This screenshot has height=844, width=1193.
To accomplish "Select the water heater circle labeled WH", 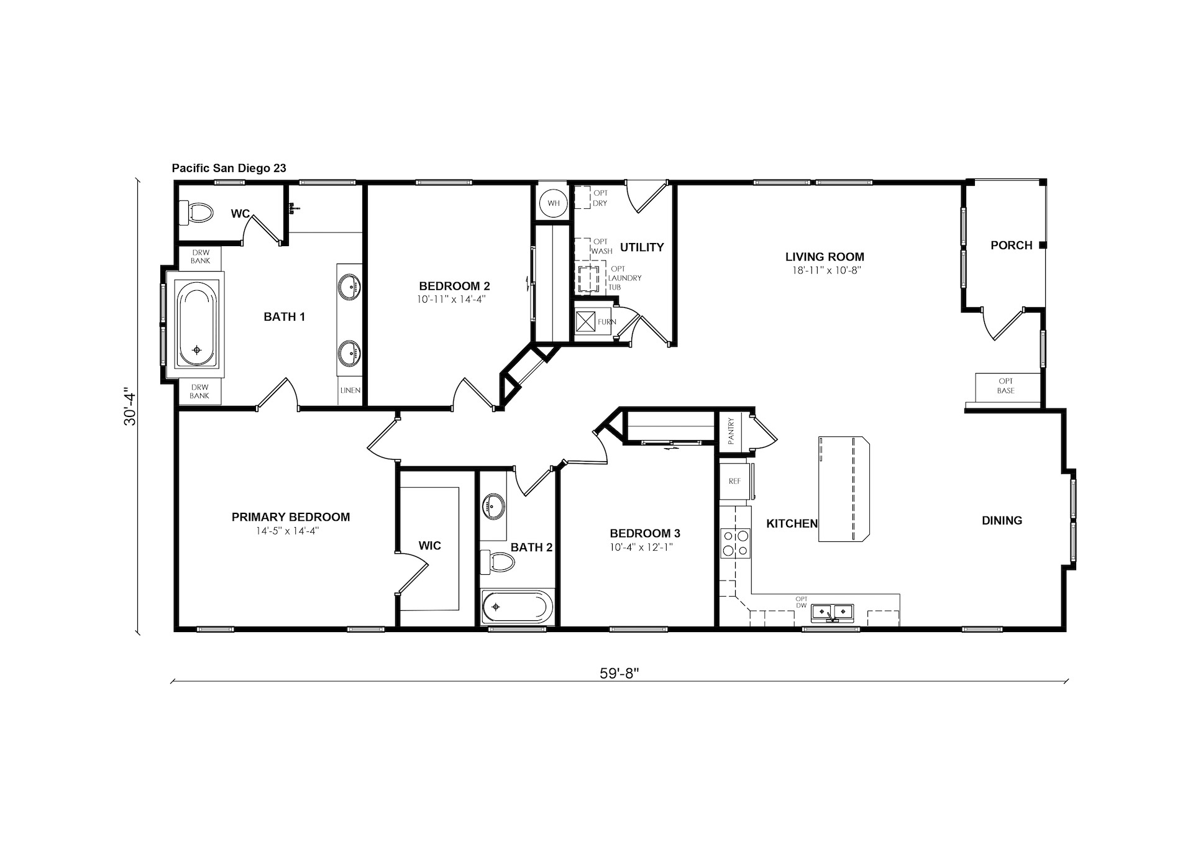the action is (553, 203).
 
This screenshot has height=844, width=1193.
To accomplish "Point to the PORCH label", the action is (1012, 245).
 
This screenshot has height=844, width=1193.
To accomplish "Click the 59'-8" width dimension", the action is (620, 674).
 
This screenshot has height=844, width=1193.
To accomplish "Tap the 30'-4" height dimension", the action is (130, 407).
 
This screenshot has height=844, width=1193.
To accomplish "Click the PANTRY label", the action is (731, 430).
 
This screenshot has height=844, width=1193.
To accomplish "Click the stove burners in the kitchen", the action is (736, 542).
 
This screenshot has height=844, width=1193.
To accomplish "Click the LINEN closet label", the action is (350, 391).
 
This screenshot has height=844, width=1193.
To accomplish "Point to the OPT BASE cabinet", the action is (1006, 386).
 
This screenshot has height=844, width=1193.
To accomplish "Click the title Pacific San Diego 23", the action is (229, 168).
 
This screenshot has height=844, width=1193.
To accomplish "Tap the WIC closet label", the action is (429, 546).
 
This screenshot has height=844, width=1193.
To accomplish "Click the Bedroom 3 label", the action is (645, 533).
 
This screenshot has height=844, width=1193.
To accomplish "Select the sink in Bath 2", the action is (494, 506).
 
